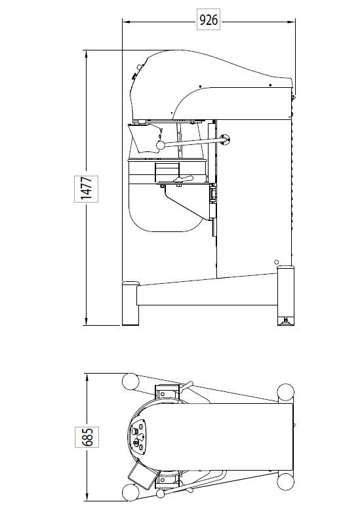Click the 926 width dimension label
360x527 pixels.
pyautogui.click(x=208, y=21)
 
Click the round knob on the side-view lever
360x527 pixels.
pyautogui.click(x=159, y=146)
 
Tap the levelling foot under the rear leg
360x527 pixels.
pyautogui.click(x=286, y=321)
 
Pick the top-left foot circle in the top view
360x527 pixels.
pyautogui.click(x=130, y=381)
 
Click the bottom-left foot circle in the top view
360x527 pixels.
pyautogui.click(x=130, y=494)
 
